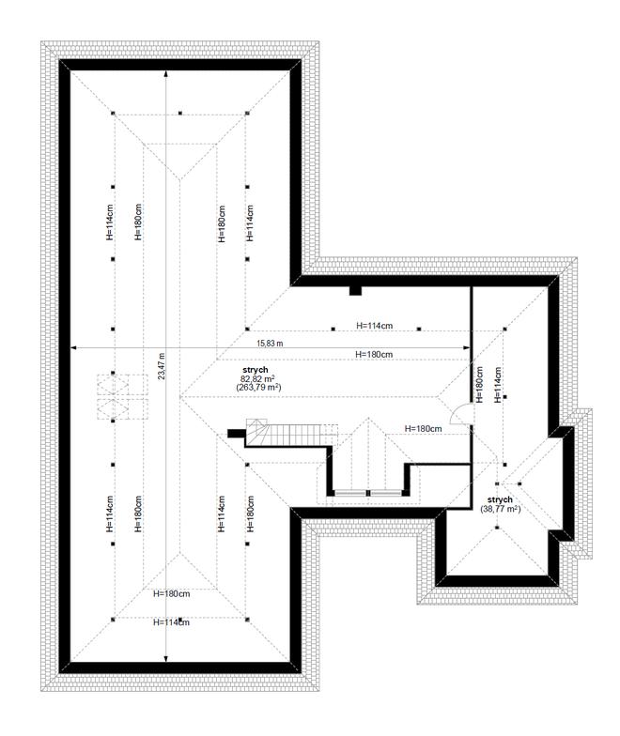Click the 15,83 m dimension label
tap(270, 344)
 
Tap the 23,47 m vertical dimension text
tap(162, 366)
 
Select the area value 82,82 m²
tap(257, 379)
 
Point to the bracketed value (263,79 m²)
tap(258, 387)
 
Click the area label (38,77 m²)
tap(500, 509)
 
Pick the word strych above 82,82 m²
tap(256, 370)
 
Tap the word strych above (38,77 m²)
tap(500, 499)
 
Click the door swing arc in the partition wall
tap(457, 411)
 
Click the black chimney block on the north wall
tap(355, 291)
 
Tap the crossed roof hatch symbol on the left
tap(122, 396)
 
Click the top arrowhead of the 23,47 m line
tap(165, 73)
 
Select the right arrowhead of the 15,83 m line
tap(466, 347)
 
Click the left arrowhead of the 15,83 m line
tap(73, 347)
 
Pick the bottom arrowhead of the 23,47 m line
tap(165, 659)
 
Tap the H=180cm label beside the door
tap(423, 428)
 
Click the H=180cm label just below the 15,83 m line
tap(374, 355)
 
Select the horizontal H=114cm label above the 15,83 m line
tap(374, 325)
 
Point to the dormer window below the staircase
tap(368, 493)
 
